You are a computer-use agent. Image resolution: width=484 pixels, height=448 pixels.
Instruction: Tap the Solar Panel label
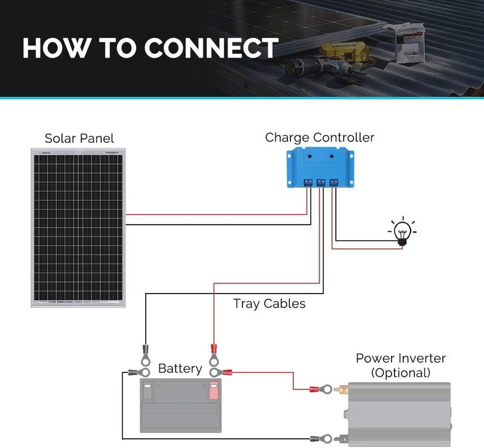coord(79,139)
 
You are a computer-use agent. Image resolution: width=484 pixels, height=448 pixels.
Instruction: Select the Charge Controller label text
coord(319,137)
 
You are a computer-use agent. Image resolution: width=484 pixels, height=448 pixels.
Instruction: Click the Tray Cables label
coord(269,303)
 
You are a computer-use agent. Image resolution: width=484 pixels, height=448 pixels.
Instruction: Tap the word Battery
coord(180,369)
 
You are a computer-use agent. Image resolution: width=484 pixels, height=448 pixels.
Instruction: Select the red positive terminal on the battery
coord(213,390)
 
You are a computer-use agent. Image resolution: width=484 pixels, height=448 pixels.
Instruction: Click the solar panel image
coord(79,228)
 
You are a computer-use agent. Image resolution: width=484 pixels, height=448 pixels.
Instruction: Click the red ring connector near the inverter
coord(319,388)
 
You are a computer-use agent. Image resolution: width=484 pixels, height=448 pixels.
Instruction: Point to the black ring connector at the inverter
coord(319,436)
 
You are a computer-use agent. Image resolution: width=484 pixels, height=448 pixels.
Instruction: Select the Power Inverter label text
coord(401,358)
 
